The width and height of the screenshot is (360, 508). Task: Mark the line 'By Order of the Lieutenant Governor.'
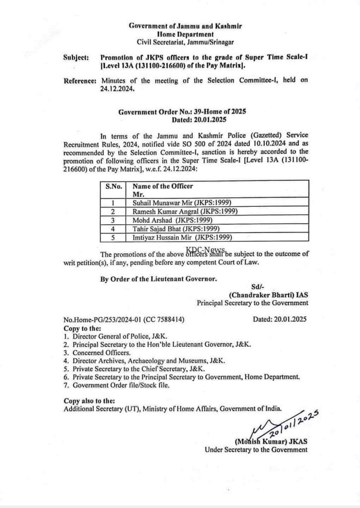pyautogui.click(x=158, y=279)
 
